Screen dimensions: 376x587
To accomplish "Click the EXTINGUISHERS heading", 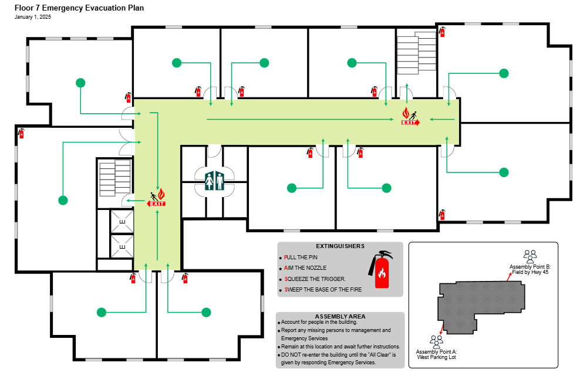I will click(340, 246).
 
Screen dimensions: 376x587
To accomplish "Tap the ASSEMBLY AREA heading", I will click(340, 316).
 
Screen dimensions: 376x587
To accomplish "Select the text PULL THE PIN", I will click(301, 258).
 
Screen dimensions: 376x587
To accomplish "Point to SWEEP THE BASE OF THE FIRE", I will click(323, 290).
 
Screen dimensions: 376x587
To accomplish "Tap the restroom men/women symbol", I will click(214, 181).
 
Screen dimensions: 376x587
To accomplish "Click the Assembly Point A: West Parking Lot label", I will click(436, 354).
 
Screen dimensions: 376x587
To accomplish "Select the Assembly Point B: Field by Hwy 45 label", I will click(529, 269).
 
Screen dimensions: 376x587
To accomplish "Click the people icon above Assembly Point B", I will click(530, 256).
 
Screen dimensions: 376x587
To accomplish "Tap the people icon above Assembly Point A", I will click(436, 341).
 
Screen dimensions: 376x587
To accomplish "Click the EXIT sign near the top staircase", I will click(410, 118).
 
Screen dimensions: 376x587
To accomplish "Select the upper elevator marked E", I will click(122, 222).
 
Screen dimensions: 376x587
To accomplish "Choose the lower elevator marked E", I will click(122, 247).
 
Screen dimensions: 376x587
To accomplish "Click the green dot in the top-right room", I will click(504, 73).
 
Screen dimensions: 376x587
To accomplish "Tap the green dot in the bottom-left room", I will click(102, 312).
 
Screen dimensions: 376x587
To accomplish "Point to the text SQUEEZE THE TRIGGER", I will click(315, 279).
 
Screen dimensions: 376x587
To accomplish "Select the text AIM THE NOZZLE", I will click(305, 268).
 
